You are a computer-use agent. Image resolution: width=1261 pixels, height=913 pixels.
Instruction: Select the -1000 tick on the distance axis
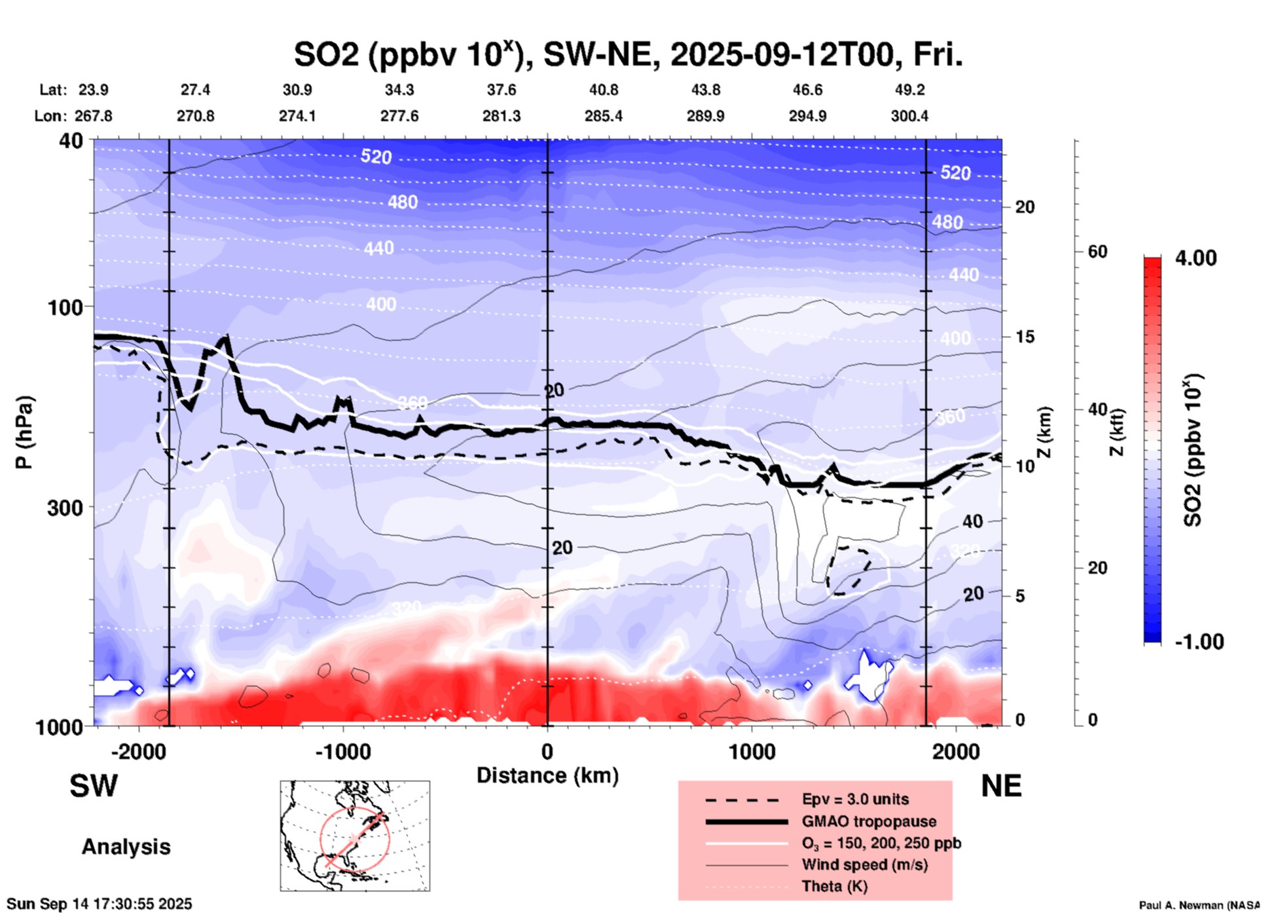click(343, 751)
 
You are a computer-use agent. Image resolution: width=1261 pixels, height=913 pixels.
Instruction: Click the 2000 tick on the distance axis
click(956, 751)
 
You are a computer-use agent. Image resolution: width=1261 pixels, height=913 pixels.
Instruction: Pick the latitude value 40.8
click(603, 90)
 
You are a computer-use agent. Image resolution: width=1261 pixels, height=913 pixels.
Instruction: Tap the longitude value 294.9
click(807, 116)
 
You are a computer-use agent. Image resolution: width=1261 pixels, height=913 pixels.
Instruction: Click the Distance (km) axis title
click(547, 775)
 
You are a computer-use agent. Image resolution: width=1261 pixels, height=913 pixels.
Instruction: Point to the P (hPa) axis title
click(24, 432)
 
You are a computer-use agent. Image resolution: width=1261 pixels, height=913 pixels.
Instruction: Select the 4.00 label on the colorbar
click(1196, 258)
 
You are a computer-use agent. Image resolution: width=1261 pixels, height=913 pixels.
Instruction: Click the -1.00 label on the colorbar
click(1199, 642)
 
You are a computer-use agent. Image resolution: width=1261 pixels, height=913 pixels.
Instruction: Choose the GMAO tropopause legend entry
click(869, 821)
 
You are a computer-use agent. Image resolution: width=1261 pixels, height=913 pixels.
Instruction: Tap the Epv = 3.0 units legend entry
click(855, 799)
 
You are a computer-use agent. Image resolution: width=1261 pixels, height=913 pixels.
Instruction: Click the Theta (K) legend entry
click(834, 887)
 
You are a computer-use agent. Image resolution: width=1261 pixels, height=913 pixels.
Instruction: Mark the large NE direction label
click(1001, 786)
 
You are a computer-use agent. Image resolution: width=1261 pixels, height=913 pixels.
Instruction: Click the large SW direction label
click(94, 786)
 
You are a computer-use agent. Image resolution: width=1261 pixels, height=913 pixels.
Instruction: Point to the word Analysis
click(126, 847)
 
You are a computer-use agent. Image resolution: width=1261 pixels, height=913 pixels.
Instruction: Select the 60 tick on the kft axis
click(1097, 252)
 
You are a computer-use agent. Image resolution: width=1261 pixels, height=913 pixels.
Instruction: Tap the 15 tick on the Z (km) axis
click(1025, 337)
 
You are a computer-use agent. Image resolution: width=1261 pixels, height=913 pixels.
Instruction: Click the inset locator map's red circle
click(355, 839)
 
